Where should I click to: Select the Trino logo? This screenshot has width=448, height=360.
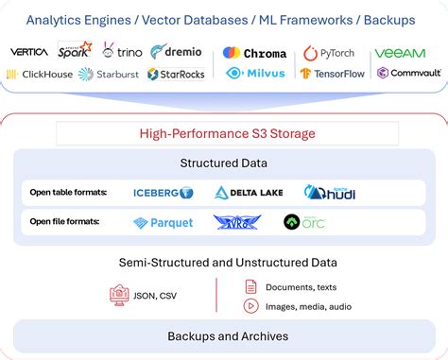tap(123, 52)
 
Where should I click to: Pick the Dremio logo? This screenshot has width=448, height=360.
tap(176, 52)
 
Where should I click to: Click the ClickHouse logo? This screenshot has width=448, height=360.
tap(40, 74)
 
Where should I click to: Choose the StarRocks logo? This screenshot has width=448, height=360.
tap(177, 74)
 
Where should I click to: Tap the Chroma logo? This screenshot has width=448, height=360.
tap(254, 53)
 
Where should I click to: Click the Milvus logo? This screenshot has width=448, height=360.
tap(254, 74)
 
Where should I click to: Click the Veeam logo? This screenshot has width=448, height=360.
tap(400, 54)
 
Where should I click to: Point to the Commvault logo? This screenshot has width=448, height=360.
tap(408, 73)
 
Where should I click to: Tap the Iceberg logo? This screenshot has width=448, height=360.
tap(163, 193)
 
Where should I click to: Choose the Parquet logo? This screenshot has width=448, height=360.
tap(163, 223)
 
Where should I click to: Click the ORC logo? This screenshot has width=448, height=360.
tap(304, 222)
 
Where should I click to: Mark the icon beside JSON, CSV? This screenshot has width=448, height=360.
tap(119, 296)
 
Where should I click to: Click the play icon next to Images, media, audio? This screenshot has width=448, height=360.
tap(250, 305)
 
